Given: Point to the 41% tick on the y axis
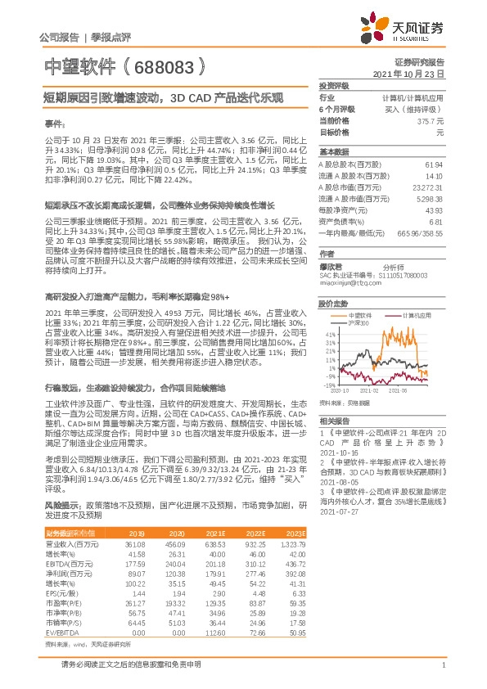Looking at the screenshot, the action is (329, 335).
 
